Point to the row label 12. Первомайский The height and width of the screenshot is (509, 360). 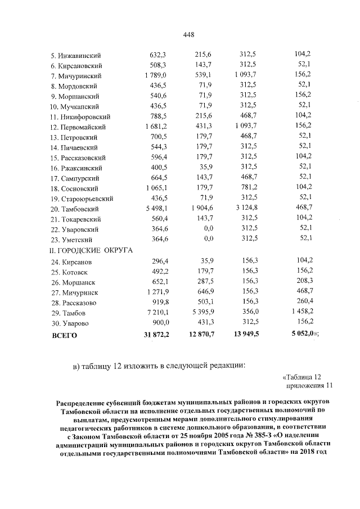click(x=79, y=127)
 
